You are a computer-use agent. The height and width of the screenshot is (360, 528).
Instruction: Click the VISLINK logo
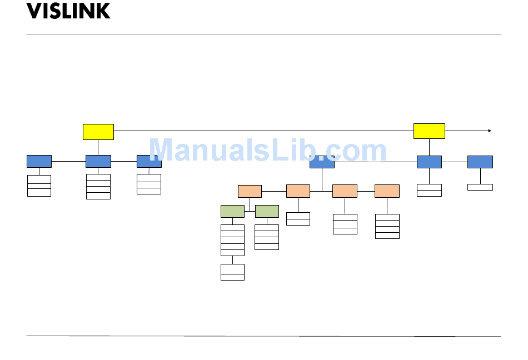pyautogui.click(x=68, y=11)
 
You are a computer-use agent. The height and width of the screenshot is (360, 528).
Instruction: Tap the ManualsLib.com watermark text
pyautogui.click(x=267, y=151)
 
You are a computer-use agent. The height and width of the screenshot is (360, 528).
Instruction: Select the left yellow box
pyautogui.click(x=98, y=132)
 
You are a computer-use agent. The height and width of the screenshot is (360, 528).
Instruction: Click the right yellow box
pyautogui.click(x=429, y=131)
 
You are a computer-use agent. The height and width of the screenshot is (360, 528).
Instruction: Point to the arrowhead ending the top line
pyautogui.click(x=490, y=131)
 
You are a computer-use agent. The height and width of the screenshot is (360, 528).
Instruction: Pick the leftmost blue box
pyautogui.click(x=39, y=161)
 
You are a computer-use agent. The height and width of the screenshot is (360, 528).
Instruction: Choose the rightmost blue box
pyautogui.click(x=480, y=162)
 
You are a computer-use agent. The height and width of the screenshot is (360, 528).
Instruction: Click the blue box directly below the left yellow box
pyautogui.click(x=98, y=161)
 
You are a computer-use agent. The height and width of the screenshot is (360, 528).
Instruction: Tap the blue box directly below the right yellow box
pyautogui.click(x=429, y=162)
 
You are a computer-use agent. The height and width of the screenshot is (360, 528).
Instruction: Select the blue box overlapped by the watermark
pyautogui.click(x=322, y=162)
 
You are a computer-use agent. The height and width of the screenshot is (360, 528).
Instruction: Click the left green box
pyautogui.click(x=232, y=211)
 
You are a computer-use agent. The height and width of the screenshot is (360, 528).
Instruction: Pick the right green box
pyautogui.click(x=267, y=211)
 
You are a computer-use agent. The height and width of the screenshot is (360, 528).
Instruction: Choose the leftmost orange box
pyautogui.click(x=250, y=191)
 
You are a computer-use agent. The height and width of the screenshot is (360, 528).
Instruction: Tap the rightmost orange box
pyautogui.click(x=387, y=191)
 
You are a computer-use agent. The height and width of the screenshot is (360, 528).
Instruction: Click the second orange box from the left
pyautogui.click(x=298, y=191)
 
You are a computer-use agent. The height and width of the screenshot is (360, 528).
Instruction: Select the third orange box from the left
pyautogui.click(x=345, y=191)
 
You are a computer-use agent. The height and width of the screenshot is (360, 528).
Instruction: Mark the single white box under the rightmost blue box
pyautogui.click(x=480, y=187)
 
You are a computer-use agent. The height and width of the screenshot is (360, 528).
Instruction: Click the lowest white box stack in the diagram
pyautogui.click(x=232, y=272)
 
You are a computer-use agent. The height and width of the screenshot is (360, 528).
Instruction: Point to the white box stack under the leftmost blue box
pyautogui.click(x=39, y=186)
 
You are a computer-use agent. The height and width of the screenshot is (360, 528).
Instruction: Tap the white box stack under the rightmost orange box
pyautogui.click(x=387, y=226)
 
